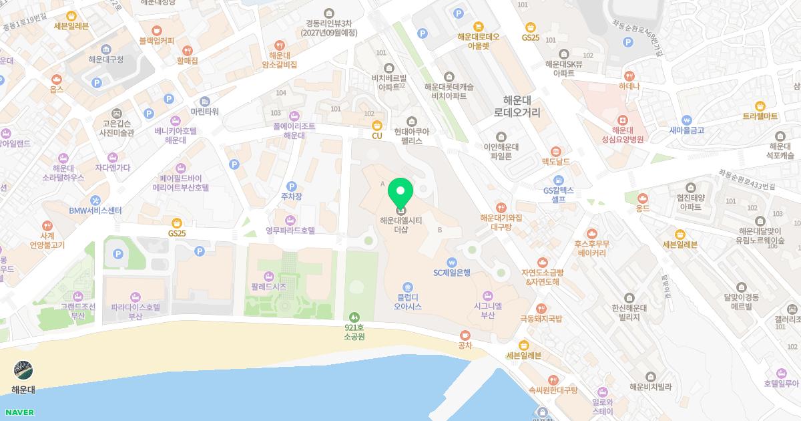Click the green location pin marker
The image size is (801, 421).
click(x=400, y=194)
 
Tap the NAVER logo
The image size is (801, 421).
click(x=18, y=412)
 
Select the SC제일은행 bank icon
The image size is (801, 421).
click(x=452, y=262)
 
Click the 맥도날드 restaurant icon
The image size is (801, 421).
click(x=555, y=152)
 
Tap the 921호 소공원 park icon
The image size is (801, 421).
click(x=354, y=317)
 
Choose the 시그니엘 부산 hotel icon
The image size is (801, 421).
click(x=487, y=295)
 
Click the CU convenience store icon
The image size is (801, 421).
click(x=377, y=125)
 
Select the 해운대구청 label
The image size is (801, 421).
click(x=106, y=59)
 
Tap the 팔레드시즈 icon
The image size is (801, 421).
click(x=269, y=276)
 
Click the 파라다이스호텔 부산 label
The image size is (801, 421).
click(x=136, y=311)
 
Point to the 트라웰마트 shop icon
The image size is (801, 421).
click(x=760, y=106)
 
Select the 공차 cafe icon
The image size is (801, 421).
click(x=465, y=335)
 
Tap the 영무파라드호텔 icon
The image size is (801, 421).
click(x=290, y=220)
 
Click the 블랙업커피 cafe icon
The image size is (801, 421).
click(x=157, y=30)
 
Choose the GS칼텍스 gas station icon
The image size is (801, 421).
click(x=558, y=180)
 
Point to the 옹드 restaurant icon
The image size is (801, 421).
click(x=643, y=198)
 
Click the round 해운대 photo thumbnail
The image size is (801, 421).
click(x=23, y=371)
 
